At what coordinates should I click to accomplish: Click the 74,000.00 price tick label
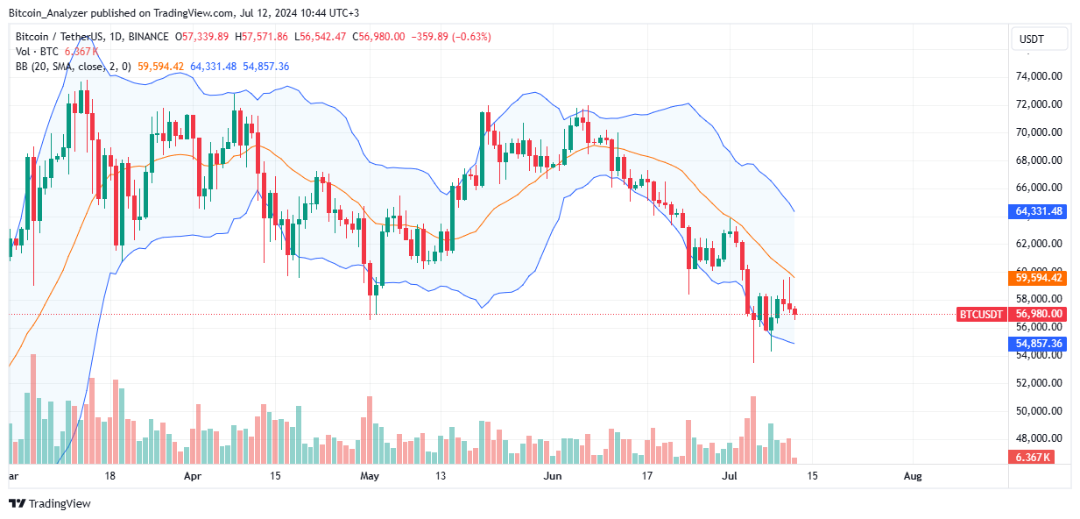point(1039,76)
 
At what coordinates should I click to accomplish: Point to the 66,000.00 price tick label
point(1039,188)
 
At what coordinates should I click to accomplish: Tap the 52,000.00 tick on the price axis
point(1039,383)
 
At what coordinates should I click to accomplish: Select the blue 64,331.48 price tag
point(1039,211)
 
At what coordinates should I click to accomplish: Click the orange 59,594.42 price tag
point(1039,278)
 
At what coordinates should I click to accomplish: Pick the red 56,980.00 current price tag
point(1039,314)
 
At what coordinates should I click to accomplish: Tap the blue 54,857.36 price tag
point(1039,344)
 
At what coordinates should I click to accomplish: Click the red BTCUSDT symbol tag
point(982,314)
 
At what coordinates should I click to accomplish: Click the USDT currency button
point(1039,39)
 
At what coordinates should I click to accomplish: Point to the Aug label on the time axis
point(912,476)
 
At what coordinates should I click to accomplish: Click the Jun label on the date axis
point(553,476)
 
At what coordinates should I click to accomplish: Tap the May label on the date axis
point(370,476)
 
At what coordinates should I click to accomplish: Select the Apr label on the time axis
point(193,476)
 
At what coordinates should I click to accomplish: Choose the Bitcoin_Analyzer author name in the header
point(49,13)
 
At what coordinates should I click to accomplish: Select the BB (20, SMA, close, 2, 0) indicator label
point(77,66)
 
